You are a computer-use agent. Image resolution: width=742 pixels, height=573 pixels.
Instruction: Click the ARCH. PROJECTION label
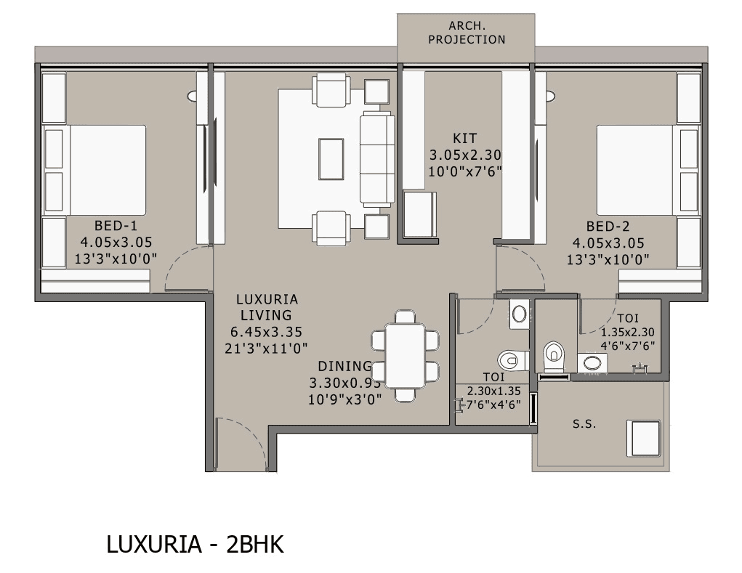pos(466,33)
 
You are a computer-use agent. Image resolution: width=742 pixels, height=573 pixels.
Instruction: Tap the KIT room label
pos(465,138)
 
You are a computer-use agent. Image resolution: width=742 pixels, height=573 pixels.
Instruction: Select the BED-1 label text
pos(116,225)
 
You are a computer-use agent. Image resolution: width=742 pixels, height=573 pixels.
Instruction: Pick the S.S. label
pos(584,424)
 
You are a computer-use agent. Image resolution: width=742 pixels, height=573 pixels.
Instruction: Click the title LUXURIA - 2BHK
pos(195,545)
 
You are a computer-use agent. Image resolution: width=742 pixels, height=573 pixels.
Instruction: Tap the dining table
pos(406,356)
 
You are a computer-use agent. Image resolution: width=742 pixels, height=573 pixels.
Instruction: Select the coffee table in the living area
pos(331,158)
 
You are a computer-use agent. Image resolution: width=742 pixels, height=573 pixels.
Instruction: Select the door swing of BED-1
pos(187,269)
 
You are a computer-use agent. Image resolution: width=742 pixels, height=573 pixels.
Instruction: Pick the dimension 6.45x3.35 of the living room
pos(266,332)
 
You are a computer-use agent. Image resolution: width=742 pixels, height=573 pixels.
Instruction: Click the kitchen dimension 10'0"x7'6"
pos(465,172)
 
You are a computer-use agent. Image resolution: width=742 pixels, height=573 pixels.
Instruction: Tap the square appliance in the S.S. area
pos(644,438)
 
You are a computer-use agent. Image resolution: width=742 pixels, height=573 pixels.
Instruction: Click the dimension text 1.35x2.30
pos(628,332)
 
